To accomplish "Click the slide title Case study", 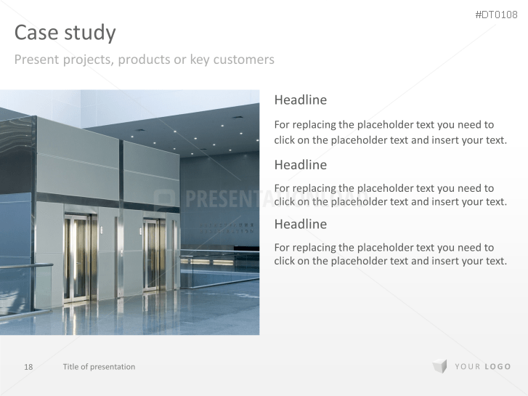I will (65, 33).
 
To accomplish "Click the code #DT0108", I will (497, 15).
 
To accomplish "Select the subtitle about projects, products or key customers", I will (144, 60).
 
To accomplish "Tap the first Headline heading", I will (301, 100).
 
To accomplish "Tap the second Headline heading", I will (301, 165).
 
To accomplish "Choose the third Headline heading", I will (301, 224).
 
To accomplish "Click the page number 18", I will (28, 367).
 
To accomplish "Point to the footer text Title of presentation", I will (99, 367).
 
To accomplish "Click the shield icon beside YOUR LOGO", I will (439, 366).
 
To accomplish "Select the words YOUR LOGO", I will (483, 367).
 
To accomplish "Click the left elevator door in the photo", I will (79, 257).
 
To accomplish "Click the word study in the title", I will (89, 33).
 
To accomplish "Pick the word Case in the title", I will (36, 33).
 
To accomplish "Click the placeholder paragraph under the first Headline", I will (390, 132).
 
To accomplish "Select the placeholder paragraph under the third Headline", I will (390, 254).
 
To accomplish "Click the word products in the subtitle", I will (144, 60).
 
